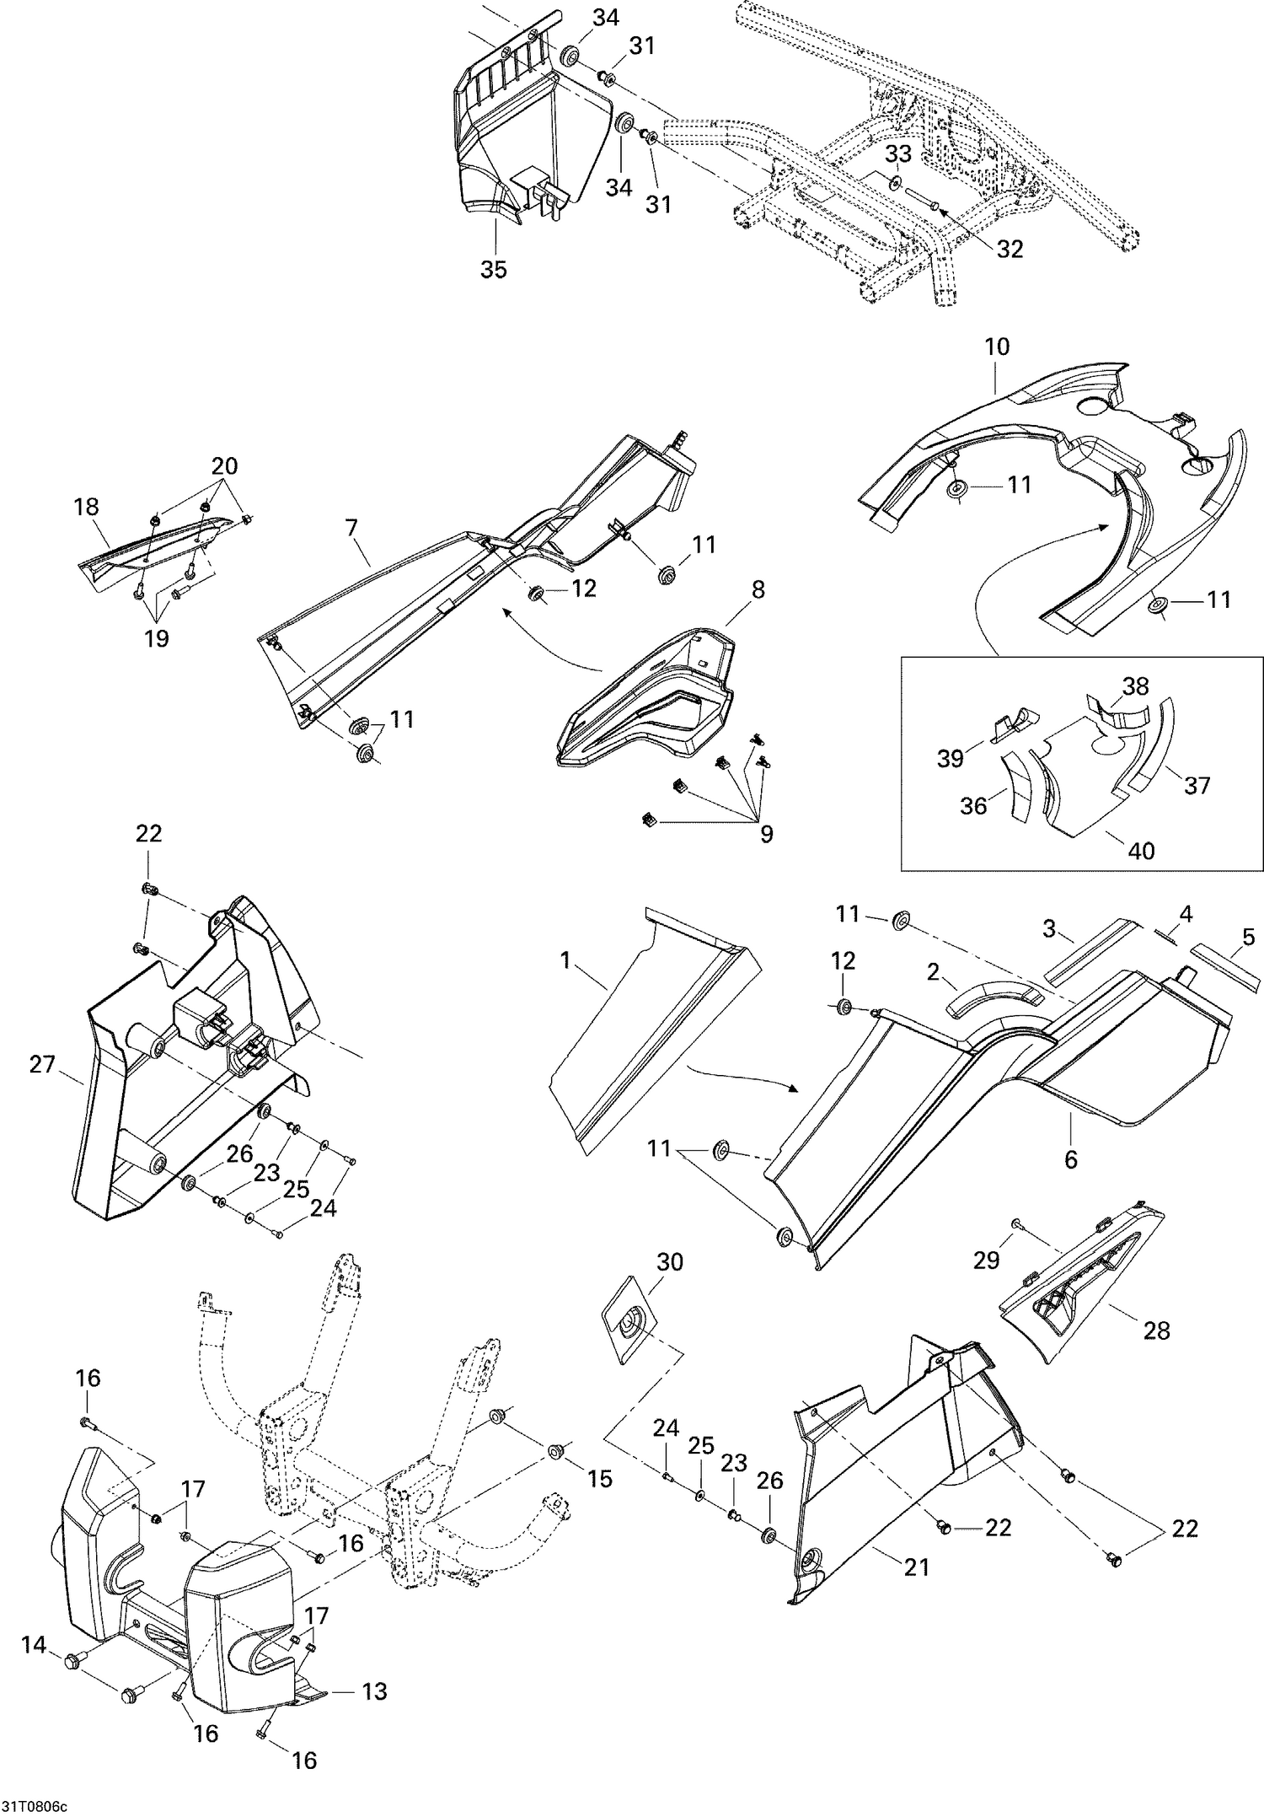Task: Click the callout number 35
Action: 494,270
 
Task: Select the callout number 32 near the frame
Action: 1009,249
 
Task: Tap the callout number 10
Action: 996,347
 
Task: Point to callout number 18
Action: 86,507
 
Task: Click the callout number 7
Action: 351,529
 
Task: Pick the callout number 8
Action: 758,590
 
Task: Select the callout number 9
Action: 765,833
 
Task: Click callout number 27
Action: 42,1064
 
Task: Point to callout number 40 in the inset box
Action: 1141,850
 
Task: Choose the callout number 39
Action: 951,759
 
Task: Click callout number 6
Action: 1071,1159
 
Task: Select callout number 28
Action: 1157,1330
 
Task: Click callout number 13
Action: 374,1708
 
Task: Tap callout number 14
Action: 34,1667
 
